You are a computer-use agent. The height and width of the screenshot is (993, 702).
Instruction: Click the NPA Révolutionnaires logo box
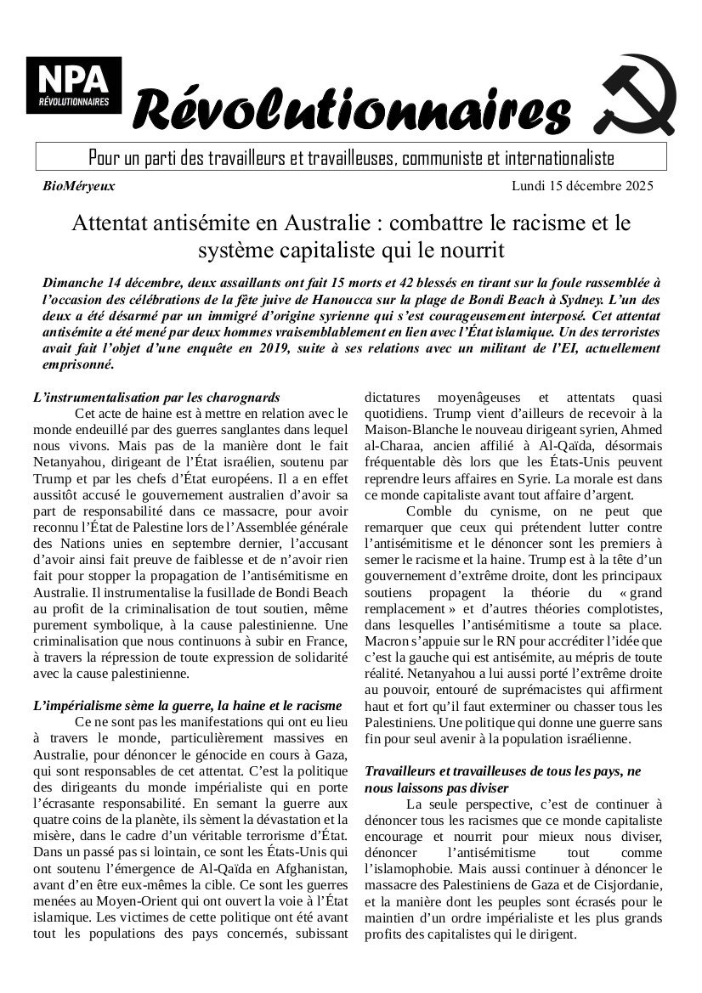73,85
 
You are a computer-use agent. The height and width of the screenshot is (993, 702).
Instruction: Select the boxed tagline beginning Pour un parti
351,158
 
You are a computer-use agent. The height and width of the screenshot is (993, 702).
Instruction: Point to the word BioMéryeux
78,185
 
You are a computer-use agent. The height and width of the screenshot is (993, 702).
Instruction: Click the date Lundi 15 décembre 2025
583,185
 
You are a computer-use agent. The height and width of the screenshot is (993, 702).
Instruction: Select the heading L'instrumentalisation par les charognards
156,398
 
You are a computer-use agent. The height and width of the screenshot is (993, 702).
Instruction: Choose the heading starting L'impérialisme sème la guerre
187,705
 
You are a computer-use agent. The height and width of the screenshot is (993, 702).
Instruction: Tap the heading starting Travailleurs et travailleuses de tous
502,770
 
